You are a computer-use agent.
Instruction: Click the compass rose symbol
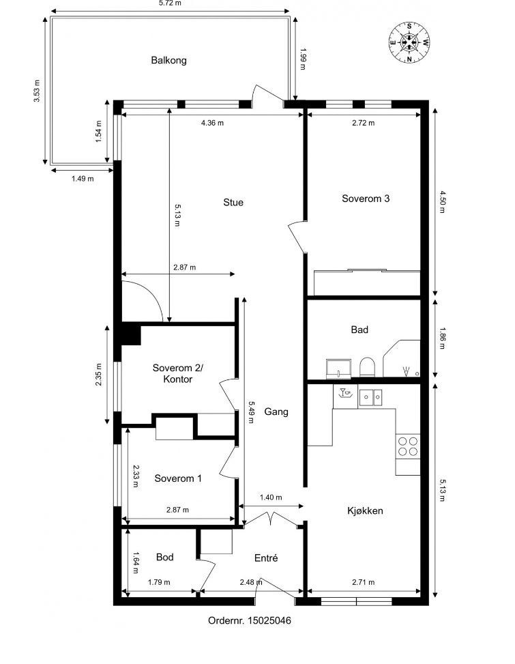point(409,42)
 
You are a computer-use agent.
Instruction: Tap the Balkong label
point(168,60)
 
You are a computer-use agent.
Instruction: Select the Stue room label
point(233,202)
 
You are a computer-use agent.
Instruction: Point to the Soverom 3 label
point(366,199)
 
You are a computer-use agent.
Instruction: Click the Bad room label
point(359,330)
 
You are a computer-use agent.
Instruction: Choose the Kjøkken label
point(364,510)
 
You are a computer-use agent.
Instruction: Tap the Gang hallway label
point(276,412)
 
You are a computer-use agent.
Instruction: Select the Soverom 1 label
point(178,478)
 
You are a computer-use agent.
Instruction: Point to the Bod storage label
point(164,557)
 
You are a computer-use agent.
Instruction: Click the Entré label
point(265,558)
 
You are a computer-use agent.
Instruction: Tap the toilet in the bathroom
point(366,367)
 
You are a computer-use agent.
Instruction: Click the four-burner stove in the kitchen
point(408,446)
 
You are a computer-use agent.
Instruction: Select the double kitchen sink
point(371,396)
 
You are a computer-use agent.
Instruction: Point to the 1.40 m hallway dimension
point(270,498)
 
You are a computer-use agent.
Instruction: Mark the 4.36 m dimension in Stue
point(212,123)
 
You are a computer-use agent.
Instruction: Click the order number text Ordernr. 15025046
point(250,620)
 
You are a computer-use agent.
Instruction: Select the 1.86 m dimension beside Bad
point(441,338)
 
